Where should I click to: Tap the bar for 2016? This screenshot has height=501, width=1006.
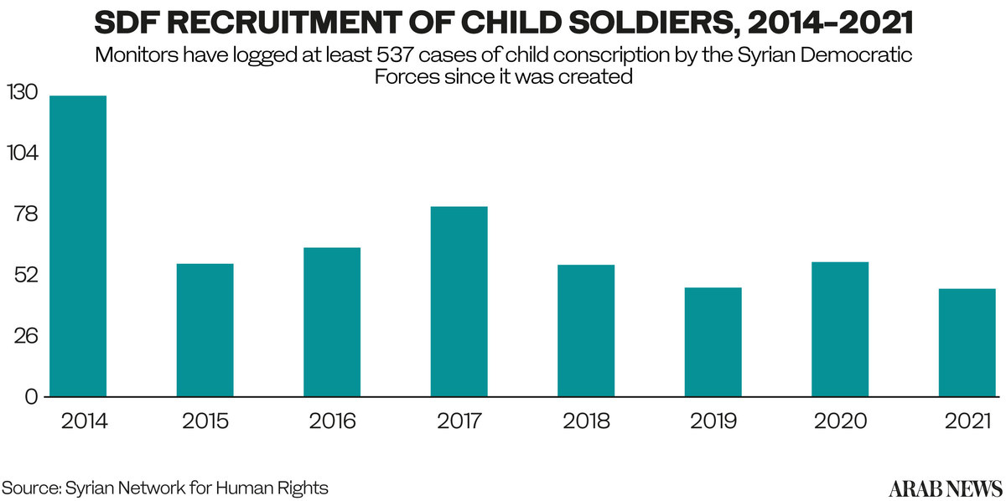[x=332, y=322]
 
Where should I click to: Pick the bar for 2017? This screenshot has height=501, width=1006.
[x=459, y=301]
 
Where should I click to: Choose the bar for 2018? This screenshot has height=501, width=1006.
[x=586, y=330]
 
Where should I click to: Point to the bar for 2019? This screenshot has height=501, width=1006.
[x=713, y=342]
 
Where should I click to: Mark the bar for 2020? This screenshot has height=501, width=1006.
[x=840, y=328]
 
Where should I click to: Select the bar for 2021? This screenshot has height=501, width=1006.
[x=967, y=342]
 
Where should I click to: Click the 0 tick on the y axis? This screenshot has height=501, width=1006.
[x=31, y=396]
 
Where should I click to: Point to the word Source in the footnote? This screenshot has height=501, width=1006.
[x=29, y=488]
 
